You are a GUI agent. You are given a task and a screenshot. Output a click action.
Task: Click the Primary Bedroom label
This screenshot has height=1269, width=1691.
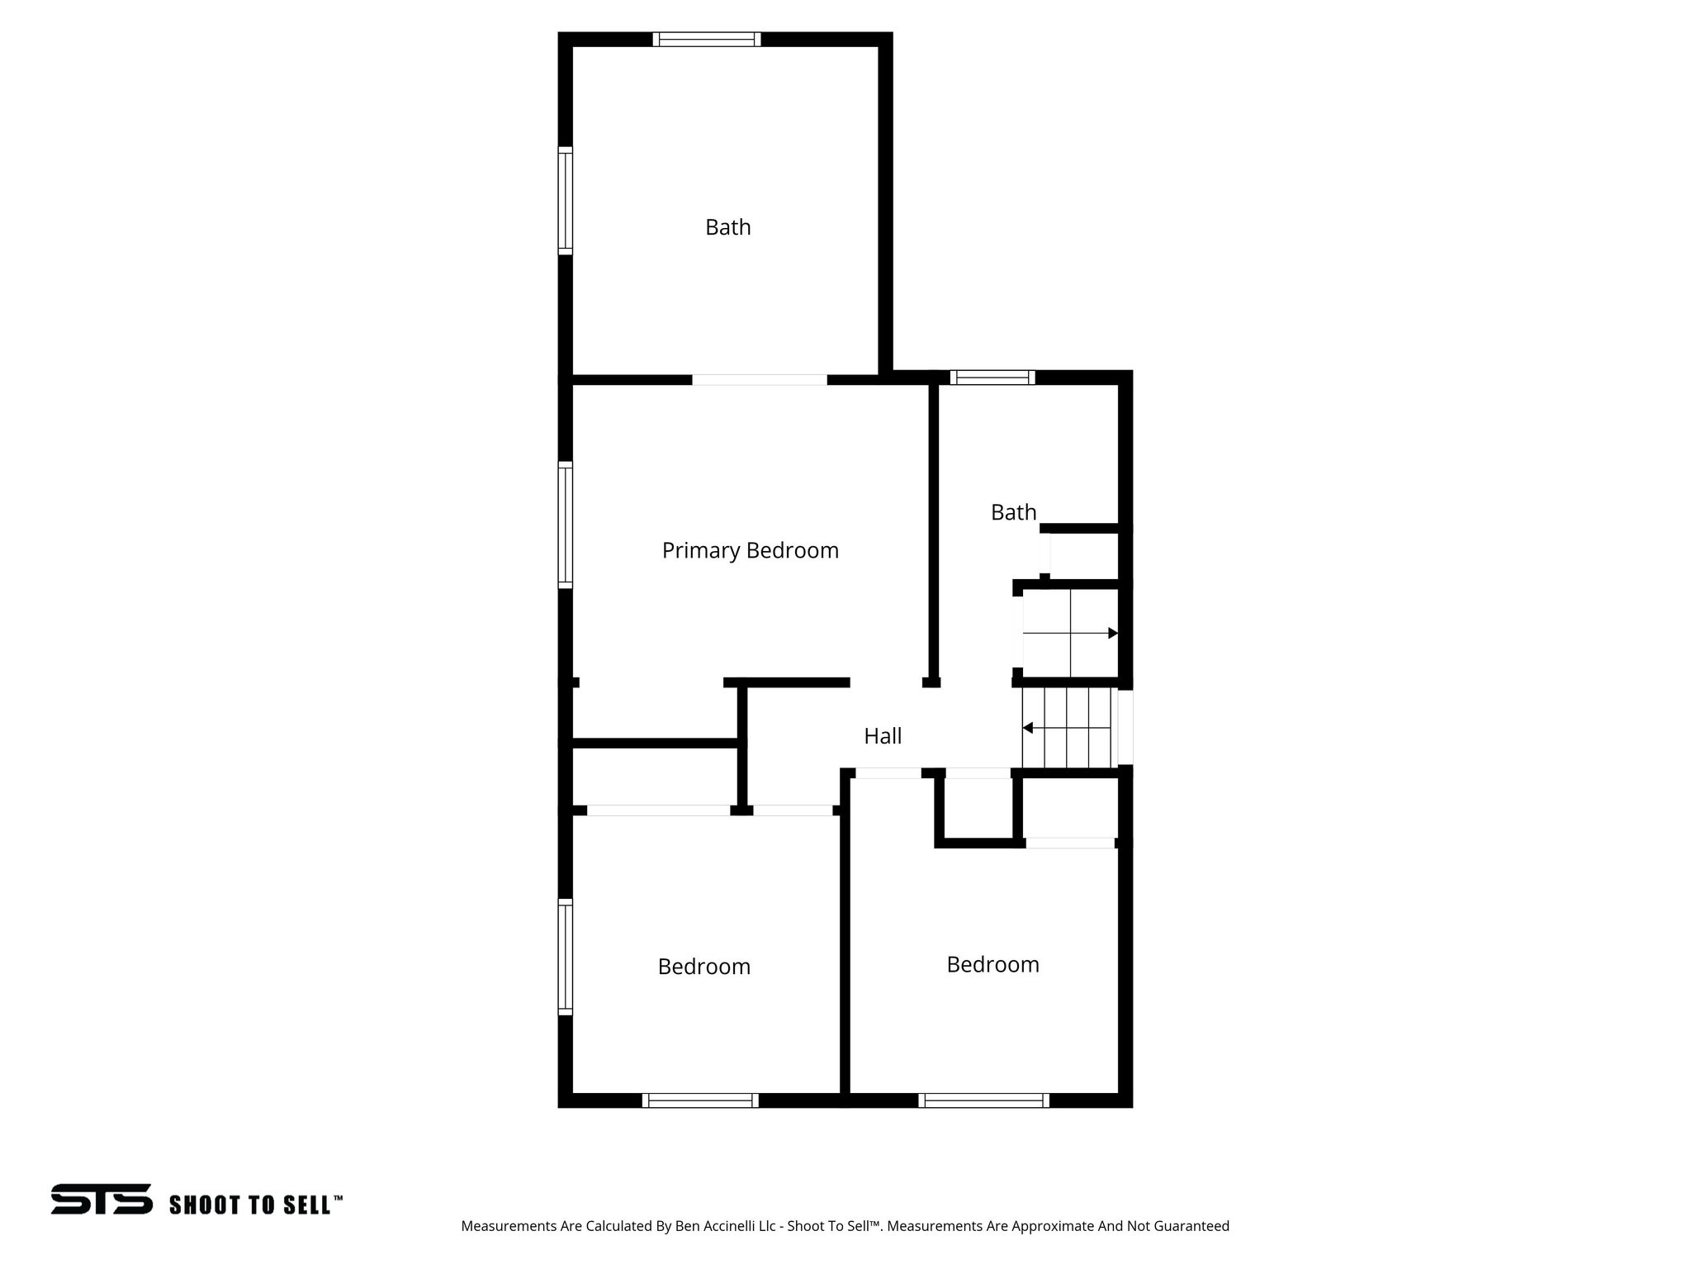point(750,550)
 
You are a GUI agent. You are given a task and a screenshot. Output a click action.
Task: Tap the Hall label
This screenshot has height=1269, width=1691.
point(883,736)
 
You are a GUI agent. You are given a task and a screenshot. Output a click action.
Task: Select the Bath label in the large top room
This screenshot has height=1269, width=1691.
point(727,227)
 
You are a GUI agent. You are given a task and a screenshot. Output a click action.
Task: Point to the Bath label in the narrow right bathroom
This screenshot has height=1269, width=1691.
point(1013,512)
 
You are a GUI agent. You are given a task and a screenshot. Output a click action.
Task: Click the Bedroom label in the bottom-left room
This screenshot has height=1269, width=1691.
point(703,967)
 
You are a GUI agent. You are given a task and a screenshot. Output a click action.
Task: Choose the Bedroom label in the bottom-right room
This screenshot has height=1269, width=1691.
point(992,964)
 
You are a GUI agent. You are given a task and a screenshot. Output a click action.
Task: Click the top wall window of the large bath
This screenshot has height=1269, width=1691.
point(706,39)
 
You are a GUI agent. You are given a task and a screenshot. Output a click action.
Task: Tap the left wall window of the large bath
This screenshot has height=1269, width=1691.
point(566,201)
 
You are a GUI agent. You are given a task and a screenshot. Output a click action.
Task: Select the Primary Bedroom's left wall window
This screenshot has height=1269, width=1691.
point(566,525)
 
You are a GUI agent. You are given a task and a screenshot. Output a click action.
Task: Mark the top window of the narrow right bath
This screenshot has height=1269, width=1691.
point(992,378)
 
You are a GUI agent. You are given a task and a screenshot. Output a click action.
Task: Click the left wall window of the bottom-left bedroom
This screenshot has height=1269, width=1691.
point(566,957)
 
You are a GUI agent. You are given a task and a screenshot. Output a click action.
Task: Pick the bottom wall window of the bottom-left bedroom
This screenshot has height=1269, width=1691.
point(700,1100)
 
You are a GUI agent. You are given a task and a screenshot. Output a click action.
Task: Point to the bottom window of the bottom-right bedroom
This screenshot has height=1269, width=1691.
point(983,1100)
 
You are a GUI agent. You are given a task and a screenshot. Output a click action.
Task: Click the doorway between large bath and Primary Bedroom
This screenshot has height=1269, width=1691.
point(760,380)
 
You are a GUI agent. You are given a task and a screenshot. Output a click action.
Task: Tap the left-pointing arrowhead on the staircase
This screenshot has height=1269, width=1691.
point(1028,728)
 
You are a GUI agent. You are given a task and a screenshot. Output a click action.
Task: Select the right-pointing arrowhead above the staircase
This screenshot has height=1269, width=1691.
point(1112,633)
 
